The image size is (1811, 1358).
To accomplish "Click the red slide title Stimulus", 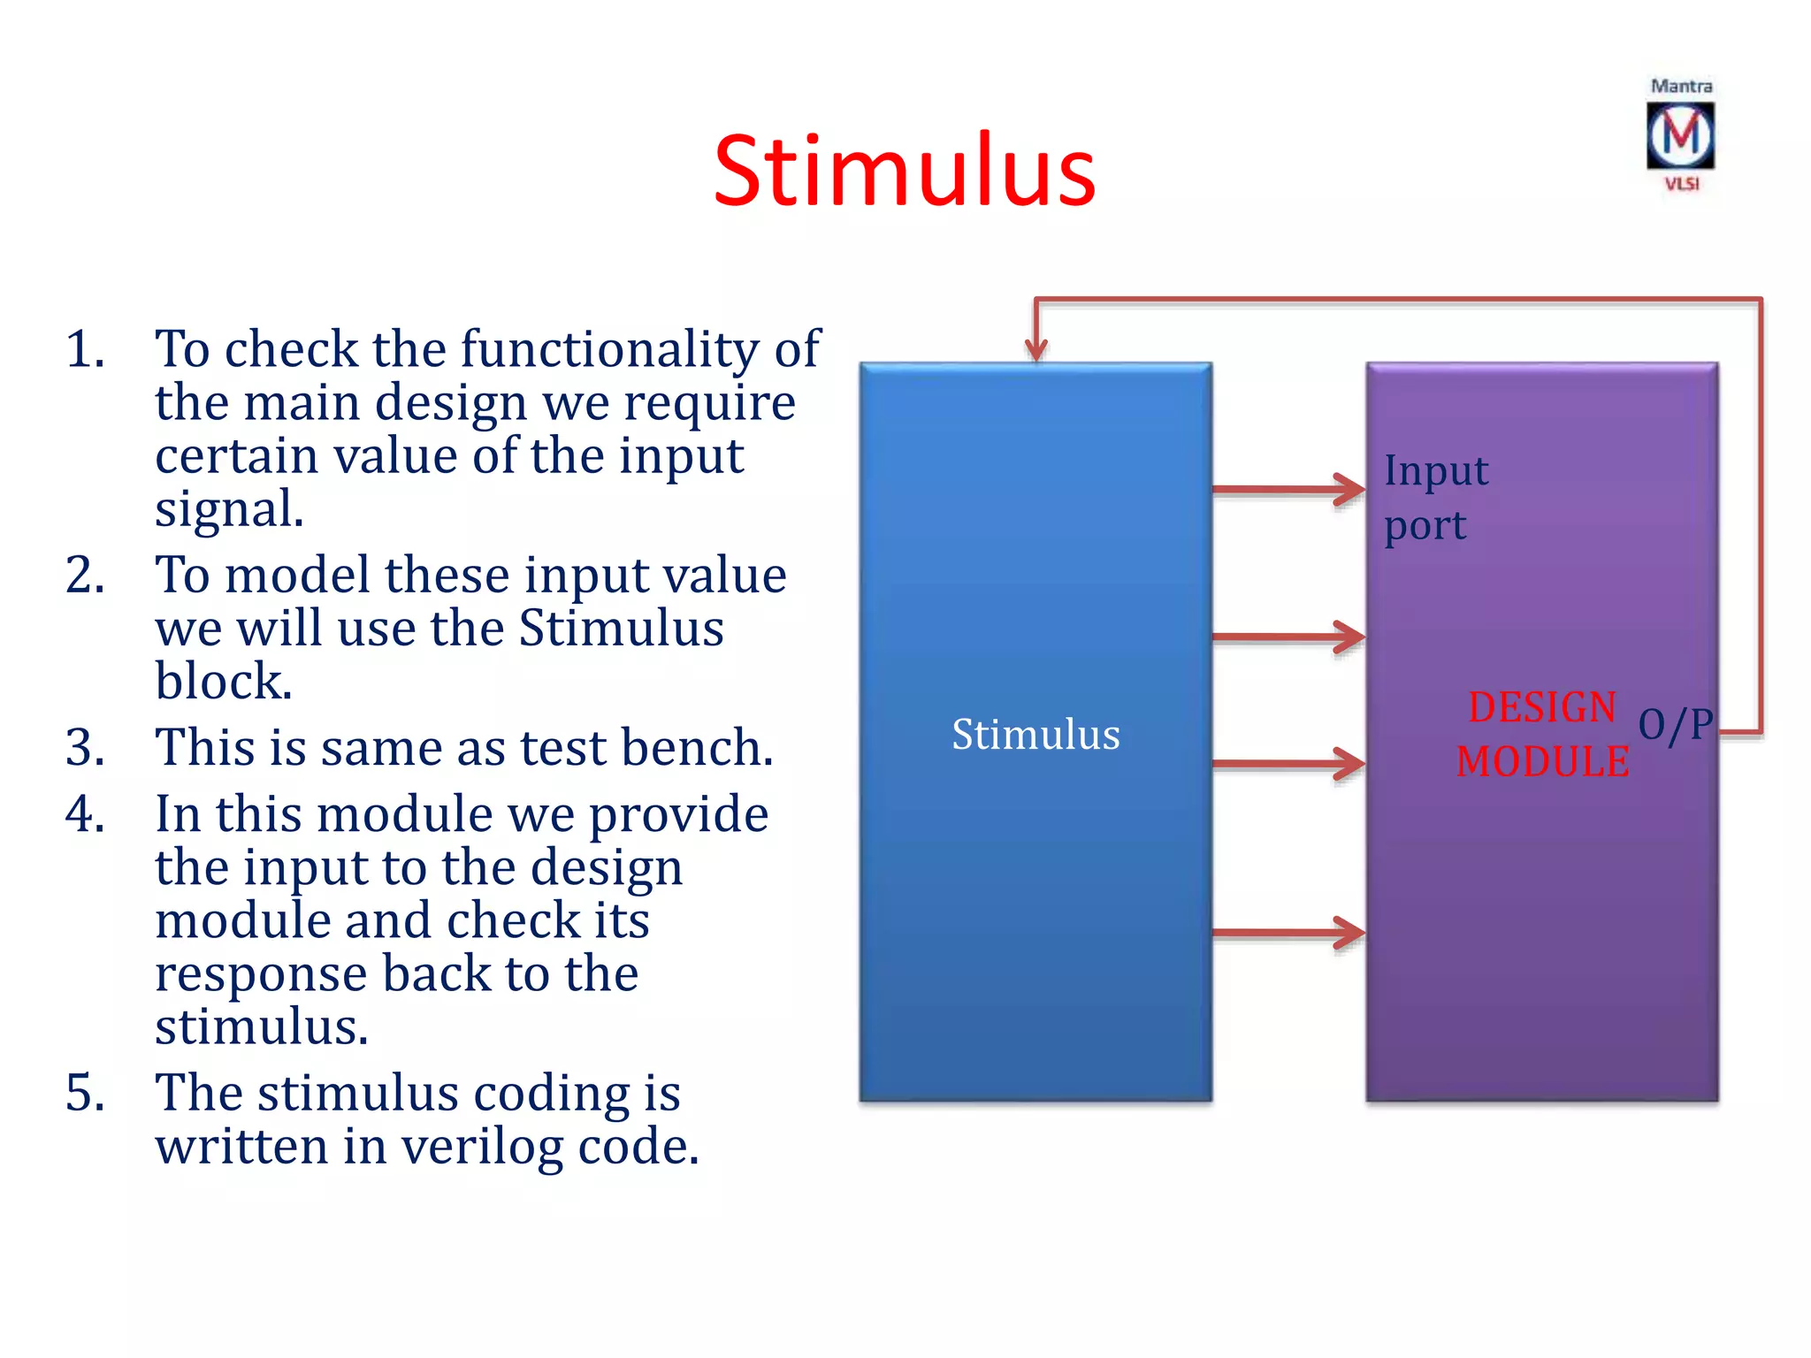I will pyautogui.click(x=904, y=170).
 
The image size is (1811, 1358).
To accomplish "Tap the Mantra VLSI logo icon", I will pyautogui.click(x=1680, y=136).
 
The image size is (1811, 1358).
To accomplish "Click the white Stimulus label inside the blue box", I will pyautogui.click(x=1035, y=734).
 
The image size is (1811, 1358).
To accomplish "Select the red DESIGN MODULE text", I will pyautogui.click(x=1542, y=735).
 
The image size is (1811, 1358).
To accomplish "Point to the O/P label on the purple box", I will pyautogui.click(x=1675, y=725).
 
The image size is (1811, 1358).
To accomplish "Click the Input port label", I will pyautogui.click(x=1436, y=498).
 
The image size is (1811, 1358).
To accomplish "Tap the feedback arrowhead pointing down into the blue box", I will pyautogui.click(x=1035, y=349).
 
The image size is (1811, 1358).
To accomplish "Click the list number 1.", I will pyautogui.click(x=85, y=348).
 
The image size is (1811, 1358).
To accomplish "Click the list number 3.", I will pyautogui.click(x=85, y=747).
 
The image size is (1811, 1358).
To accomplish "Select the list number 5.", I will pyautogui.click(x=85, y=1093).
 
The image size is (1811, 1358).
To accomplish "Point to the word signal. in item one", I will pyautogui.click(x=229, y=509).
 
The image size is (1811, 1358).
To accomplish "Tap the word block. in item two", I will pyautogui.click(x=223, y=682).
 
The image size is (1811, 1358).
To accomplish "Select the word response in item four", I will pyautogui.click(x=261, y=974).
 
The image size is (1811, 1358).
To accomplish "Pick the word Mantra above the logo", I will pyautogui.click(x=1681, y=87).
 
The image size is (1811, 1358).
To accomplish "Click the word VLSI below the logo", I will pyautogui.click(x=1681, y=184).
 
